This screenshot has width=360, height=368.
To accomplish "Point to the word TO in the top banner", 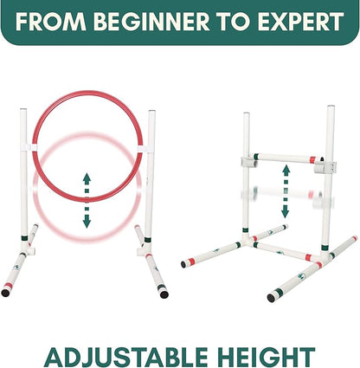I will pyautogui.click(x=226, y=23).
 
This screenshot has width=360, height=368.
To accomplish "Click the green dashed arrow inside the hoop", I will pyautogui.click(x=87, y=199).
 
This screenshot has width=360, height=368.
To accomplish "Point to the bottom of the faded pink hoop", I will pyautogui.click(x=87, y=233).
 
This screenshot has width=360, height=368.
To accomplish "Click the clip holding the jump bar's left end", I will pyautogui.click(x=247, y=162).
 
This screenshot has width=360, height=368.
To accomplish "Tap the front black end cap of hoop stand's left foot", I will pyautogui.click(x=6, y=293).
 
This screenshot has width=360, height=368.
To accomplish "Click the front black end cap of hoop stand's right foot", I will pyautogui.click(x=164, y=293).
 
